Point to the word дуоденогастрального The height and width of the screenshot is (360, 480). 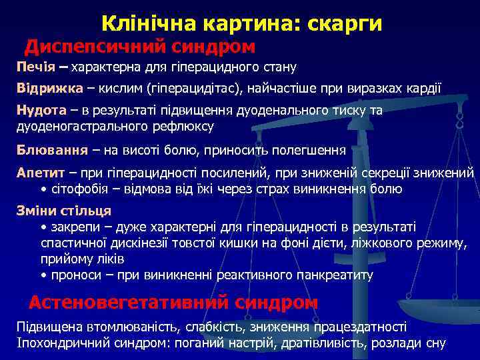click(77, 126)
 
